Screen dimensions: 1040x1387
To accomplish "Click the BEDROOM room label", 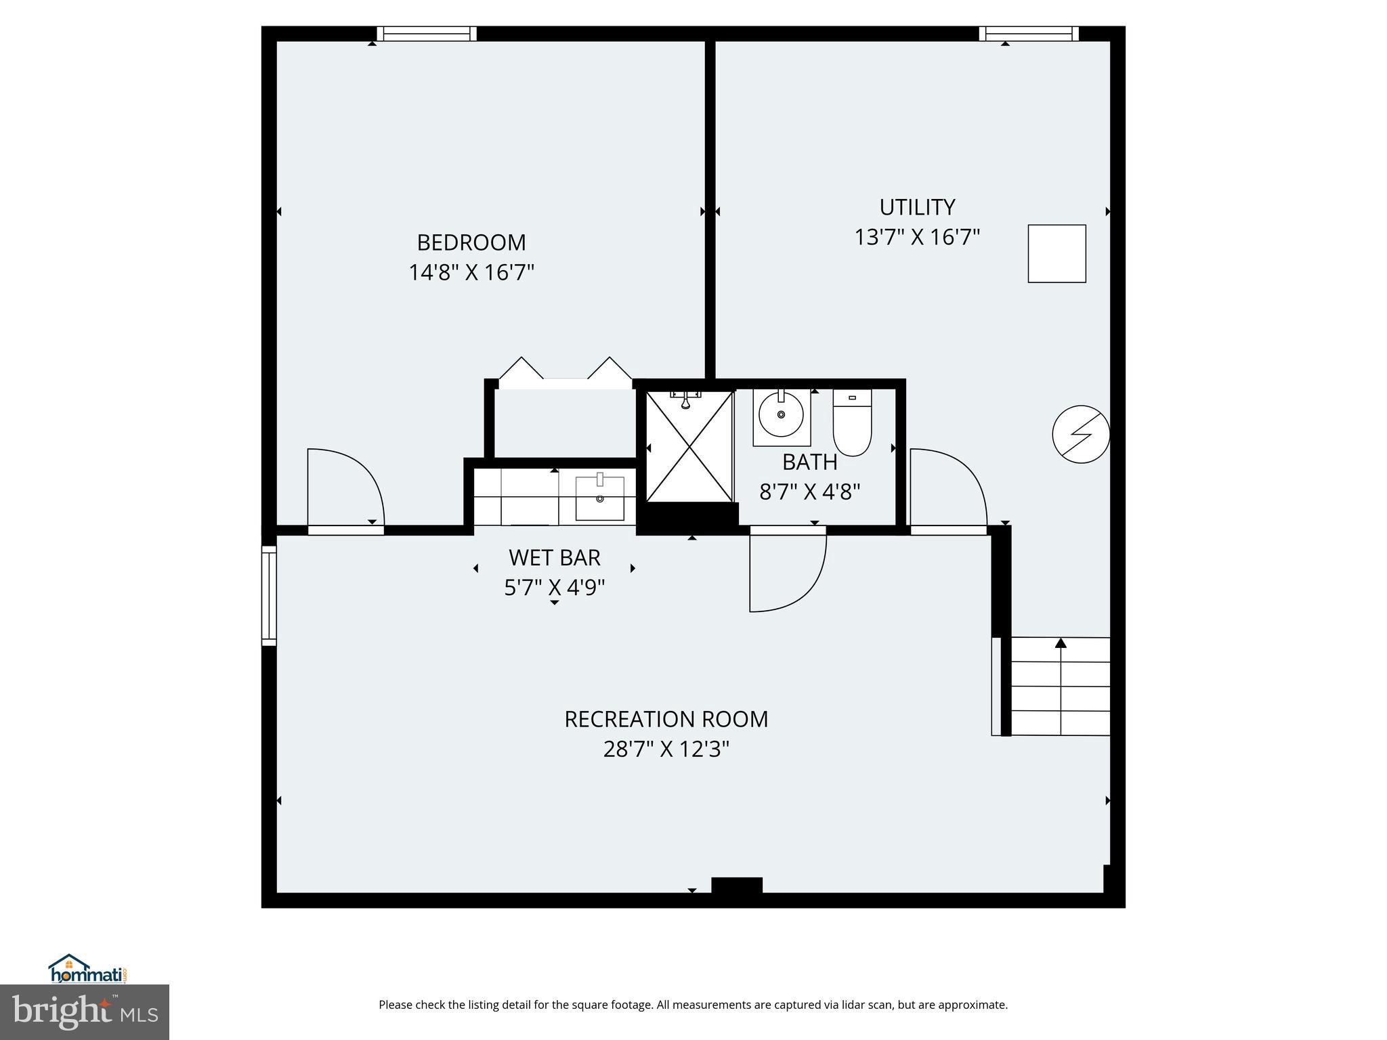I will pyautogui.click(x=471, y=242).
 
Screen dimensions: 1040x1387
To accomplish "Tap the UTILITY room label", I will pyautogui.click(x=916, y=207).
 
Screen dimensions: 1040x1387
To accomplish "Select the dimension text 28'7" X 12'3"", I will pyautogui.click(x=666, y=750).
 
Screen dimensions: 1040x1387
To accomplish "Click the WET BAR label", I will pyautogui.click(x=554, y=558).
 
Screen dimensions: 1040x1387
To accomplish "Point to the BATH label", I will pyautogui.click(x=809, y=462).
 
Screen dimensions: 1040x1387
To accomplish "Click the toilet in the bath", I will pyautogui.click(x=851, y=422).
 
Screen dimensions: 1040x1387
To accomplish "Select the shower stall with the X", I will pyautogui.click(x=689, y=447).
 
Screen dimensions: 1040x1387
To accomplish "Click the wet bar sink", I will pyautogui.click(x=599, y=498).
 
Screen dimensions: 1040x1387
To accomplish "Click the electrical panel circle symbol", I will pyautogui.click(x=1080, y=434).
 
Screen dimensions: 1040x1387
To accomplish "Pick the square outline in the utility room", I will pyautogui.click(x=1057, y=253).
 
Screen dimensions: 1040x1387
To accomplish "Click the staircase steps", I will pyautogui.click(x=1060, y=687).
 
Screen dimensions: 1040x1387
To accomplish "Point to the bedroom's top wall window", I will pyautogui.click(x=427, y=34).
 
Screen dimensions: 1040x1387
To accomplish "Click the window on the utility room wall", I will pyautogui.click(x=1028, y=34).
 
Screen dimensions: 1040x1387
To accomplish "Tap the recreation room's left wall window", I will pyautogui.click(x=269, y=596).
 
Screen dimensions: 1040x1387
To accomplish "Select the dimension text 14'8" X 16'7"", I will pyautogui.click(x=471, y=273).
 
